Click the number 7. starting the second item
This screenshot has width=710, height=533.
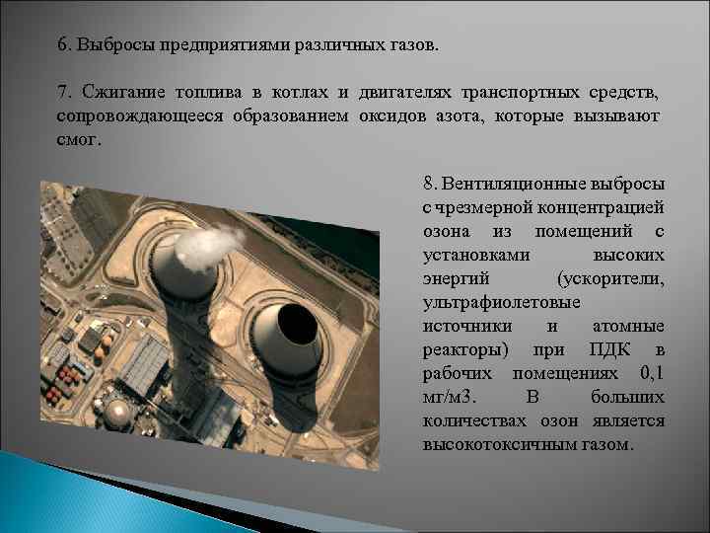click(x=63, y=93)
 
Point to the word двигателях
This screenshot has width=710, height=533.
click(x=405, y=93)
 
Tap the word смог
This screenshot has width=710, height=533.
click(x=78, y=139)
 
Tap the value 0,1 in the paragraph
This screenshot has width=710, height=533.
click(x=650, y=373)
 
